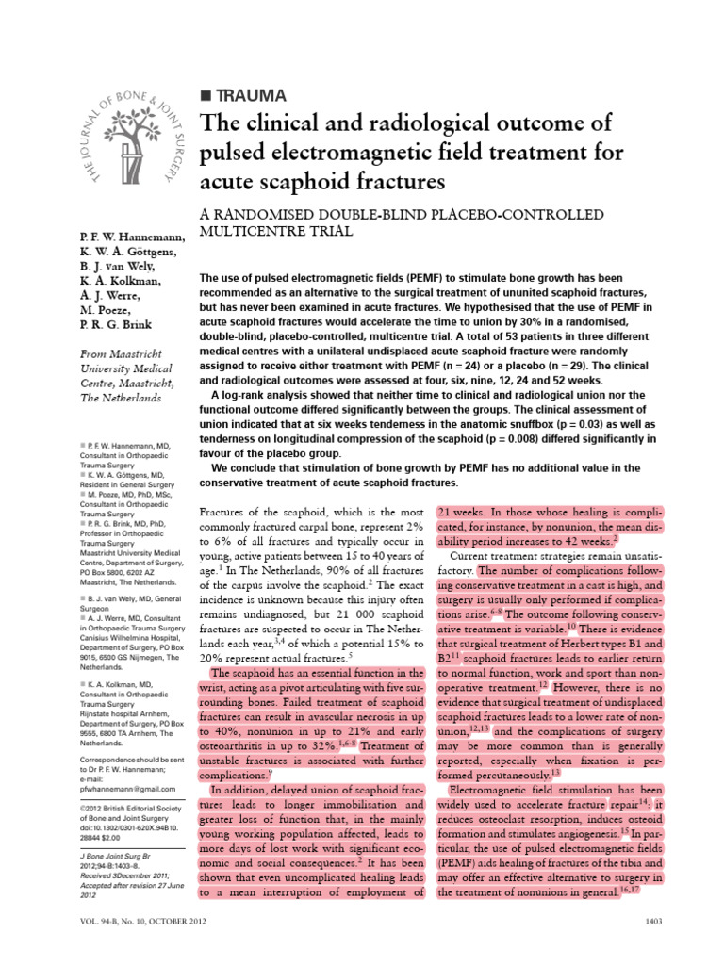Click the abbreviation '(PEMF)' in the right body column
(x=458, y=861)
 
